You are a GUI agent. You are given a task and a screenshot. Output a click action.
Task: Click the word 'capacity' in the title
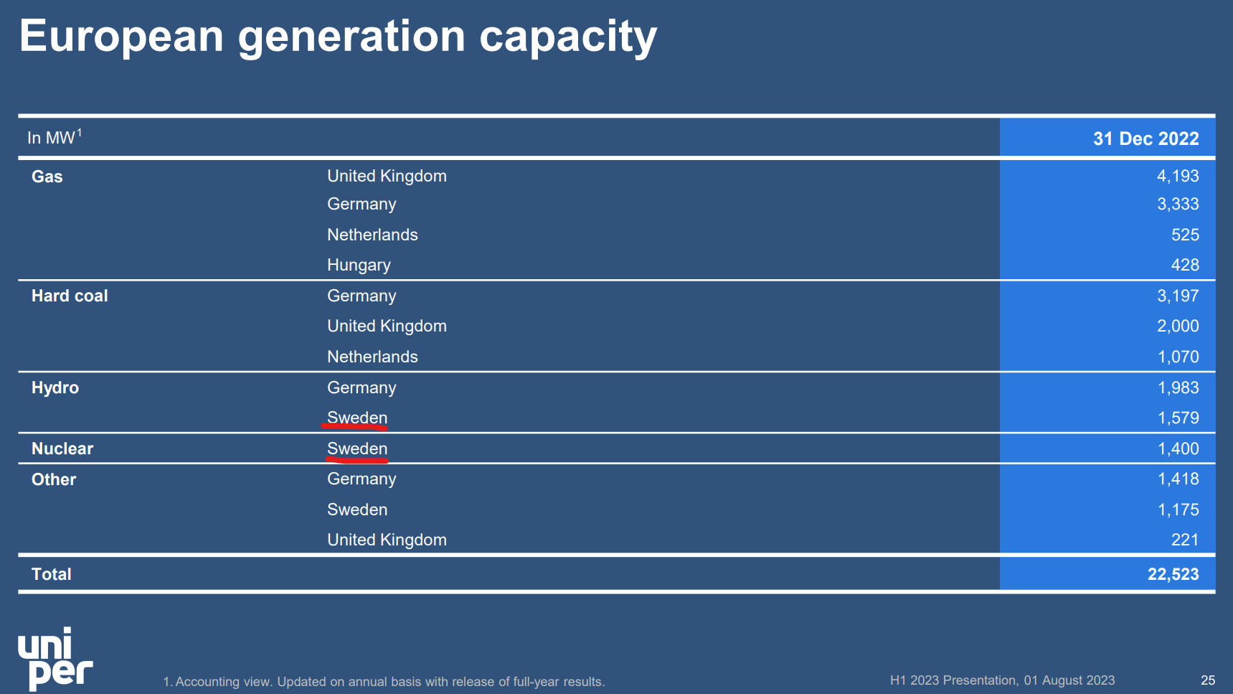567,37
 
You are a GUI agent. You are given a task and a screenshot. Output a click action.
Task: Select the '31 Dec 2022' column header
1145,139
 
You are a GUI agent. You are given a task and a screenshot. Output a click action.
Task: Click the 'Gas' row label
47,177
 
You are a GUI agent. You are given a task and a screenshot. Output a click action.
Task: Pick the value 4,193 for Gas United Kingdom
1178,176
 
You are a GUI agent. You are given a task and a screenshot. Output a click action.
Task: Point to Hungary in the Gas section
359,265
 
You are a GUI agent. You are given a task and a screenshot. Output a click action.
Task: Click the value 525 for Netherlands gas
1185,235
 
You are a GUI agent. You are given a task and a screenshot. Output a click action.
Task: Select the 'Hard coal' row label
70,296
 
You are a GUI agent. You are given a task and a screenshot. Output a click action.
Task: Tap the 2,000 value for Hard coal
1178,326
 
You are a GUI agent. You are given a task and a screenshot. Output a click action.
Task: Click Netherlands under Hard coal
372,357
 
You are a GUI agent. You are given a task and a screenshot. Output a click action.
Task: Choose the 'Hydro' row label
55,388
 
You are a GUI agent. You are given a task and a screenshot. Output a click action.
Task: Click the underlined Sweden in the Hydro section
357,418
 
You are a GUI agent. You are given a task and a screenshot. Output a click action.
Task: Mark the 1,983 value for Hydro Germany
1178,388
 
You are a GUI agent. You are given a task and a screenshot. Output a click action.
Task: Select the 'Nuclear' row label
62,449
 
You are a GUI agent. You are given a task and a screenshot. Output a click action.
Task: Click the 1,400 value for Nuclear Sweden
1178,449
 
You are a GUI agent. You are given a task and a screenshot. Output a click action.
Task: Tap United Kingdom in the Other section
387,540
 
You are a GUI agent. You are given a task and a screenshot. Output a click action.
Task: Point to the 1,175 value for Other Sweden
1178,510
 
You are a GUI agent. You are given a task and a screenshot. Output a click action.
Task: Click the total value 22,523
1173,574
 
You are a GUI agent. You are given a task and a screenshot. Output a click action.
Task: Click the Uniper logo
55,659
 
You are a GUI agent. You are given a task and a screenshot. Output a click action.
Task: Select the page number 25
1208,680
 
